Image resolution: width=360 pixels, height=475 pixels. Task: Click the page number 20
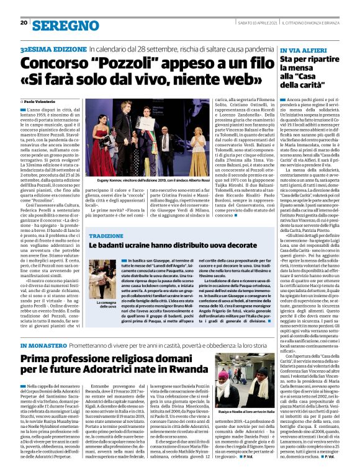(24, 22)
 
